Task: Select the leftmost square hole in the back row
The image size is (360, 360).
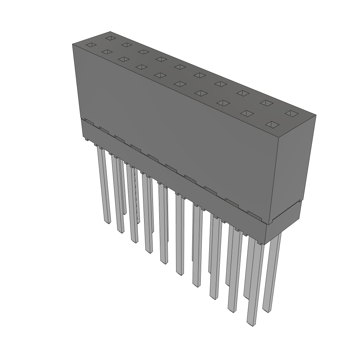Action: (110, 38)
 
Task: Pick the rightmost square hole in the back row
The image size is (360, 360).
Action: (291, 113)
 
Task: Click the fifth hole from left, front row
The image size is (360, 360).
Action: (160, 75)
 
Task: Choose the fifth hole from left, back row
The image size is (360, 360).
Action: (180, 67)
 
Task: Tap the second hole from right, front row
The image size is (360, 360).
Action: (248, 114)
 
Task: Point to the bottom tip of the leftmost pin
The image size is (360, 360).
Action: (108, 221)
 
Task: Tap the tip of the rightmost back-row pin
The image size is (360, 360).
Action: (267, 310)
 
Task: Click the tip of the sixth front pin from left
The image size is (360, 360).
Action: (180, 273)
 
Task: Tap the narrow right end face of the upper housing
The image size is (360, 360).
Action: (294, 165)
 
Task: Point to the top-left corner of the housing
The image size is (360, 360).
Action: (72, 44)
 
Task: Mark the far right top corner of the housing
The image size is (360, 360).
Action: (316, 115)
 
